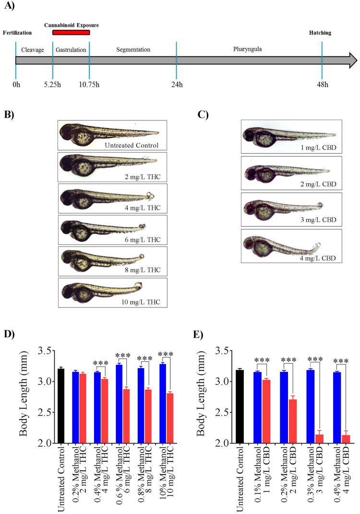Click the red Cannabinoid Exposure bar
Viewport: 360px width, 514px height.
(x=71, y=33)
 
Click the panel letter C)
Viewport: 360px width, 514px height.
(x=203, y=115)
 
